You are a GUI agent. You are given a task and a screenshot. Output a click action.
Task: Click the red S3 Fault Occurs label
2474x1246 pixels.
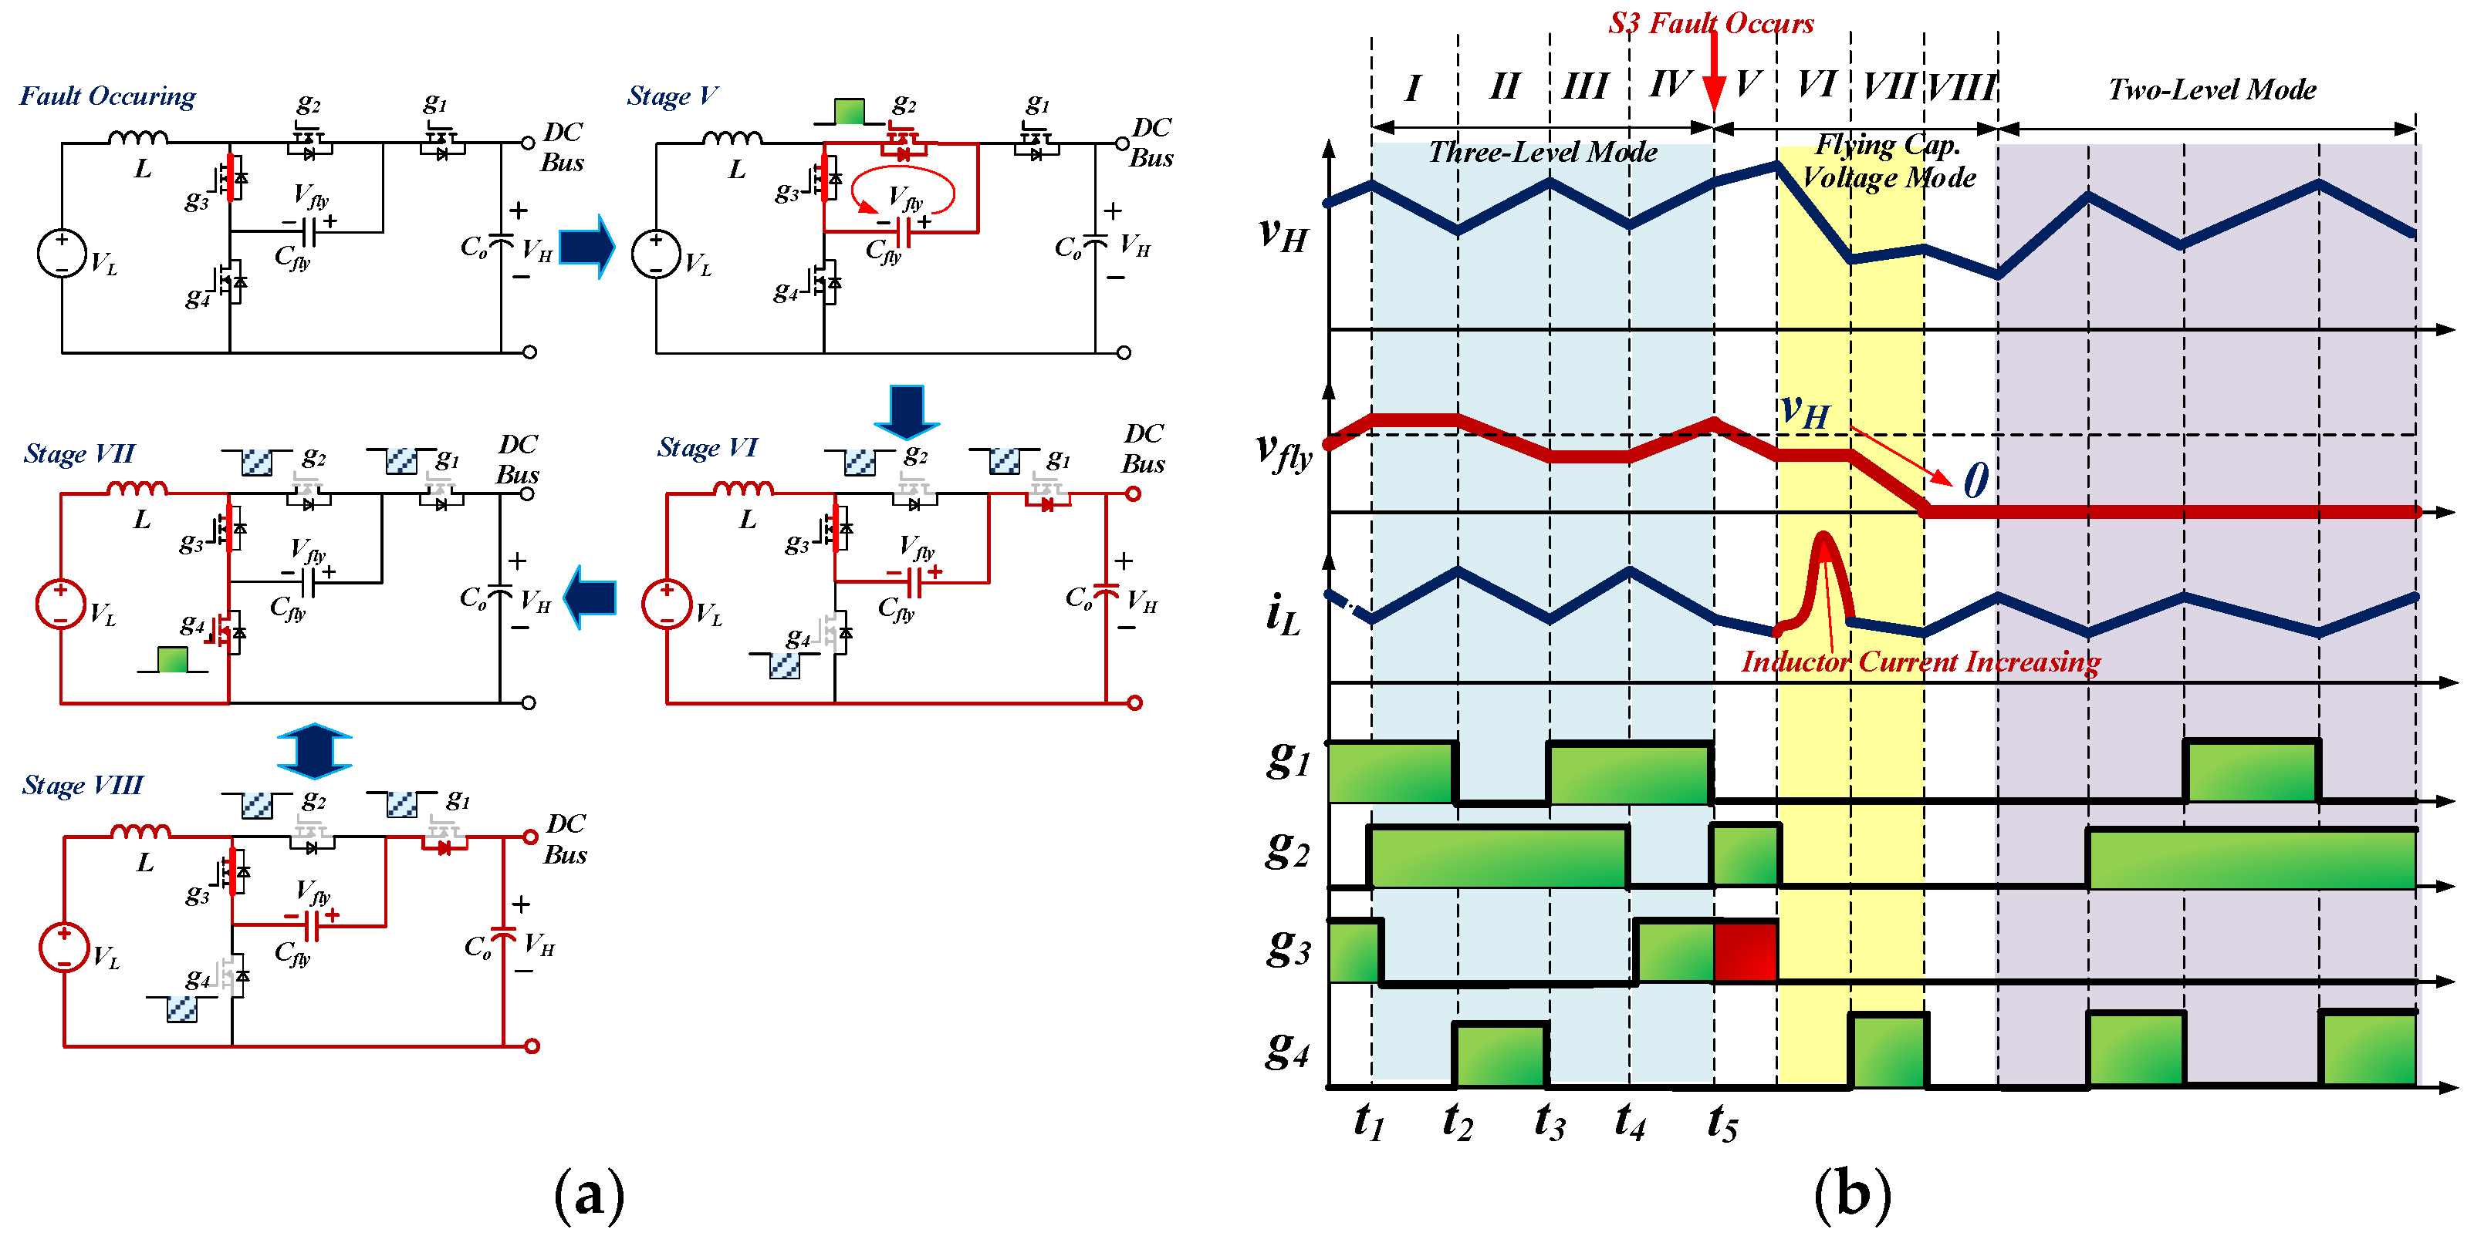point(1711,23)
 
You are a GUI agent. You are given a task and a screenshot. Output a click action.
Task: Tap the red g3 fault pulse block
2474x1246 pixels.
point(1744,951)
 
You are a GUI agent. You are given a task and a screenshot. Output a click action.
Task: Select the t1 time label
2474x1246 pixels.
point(1369,1120)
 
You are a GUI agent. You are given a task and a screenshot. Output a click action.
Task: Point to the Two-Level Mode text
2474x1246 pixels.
point(2211,90)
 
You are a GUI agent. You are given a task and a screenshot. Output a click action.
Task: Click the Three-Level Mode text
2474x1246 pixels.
point(1542,152)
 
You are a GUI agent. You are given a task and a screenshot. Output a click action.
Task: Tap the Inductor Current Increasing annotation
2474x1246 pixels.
point(1920,662)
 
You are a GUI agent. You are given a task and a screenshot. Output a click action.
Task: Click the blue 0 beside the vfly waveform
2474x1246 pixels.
point(1975,480)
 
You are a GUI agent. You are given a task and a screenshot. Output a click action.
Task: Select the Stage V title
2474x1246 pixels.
point(671,96)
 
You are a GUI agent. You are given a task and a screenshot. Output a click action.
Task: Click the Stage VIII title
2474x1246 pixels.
point(83,785)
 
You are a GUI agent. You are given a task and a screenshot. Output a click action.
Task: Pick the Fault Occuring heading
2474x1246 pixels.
point(107,96)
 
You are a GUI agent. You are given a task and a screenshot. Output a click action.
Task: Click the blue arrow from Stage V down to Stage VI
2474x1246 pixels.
point(906,410)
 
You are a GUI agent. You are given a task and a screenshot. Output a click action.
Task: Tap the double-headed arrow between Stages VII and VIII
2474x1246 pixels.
point(314,749)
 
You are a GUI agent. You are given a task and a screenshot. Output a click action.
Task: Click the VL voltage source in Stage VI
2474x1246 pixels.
point(667,604)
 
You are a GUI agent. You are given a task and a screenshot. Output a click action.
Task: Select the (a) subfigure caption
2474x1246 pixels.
point(589,1195)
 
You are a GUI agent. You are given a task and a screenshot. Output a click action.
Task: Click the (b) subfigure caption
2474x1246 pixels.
point(1852,1195)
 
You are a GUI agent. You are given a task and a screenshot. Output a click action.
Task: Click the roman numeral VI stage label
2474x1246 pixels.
point(1816,85)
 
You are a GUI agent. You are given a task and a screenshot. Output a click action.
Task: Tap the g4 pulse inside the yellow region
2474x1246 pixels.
point(1888,1050)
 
